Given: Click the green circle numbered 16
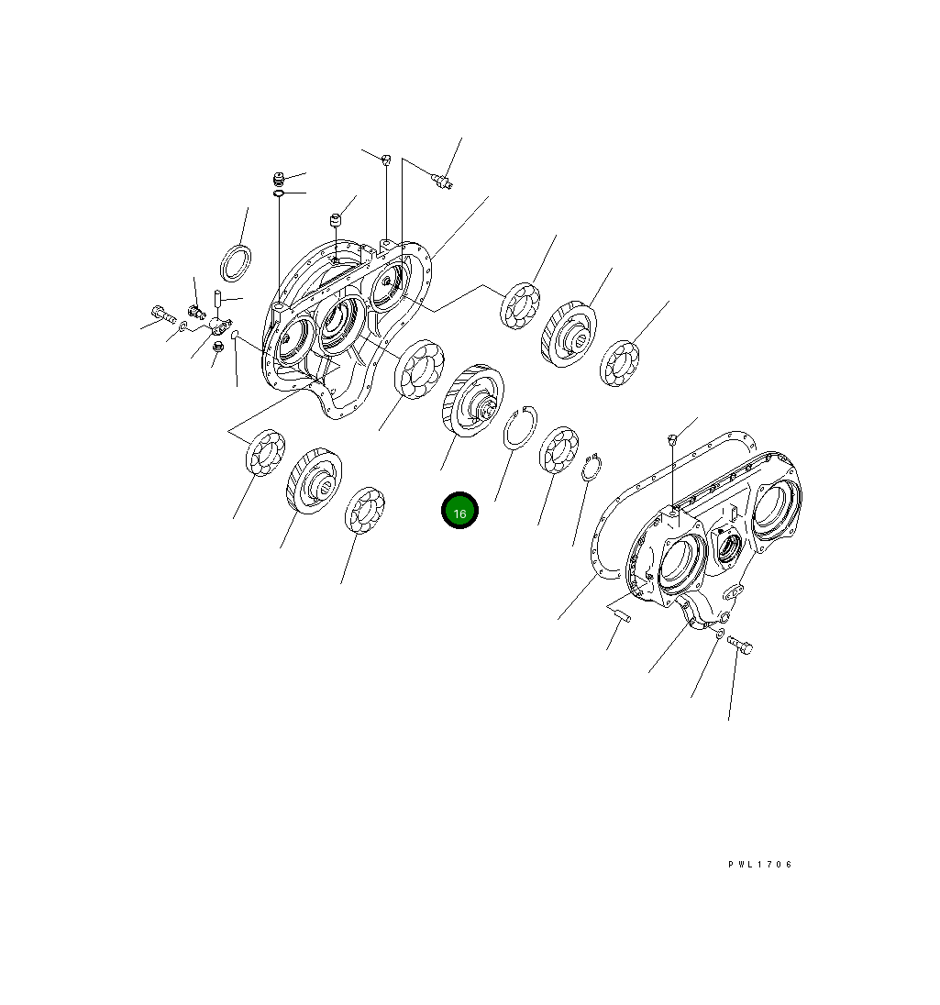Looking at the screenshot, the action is (x=459, y=511).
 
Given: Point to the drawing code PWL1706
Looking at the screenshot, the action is (x=760, y=865).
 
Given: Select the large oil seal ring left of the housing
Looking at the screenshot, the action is (x=236, y=262).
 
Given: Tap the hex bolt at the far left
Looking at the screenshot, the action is (x=163, y=315).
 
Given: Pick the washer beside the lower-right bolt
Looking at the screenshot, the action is (x=719, y=634).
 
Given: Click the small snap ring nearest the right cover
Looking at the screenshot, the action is (x=592, y=467).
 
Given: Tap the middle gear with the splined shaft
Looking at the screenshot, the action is (x=472, y=401).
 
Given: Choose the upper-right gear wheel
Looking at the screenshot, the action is (x=569, y=334).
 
